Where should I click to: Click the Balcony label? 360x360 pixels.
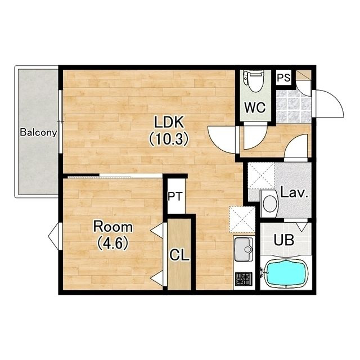pos(38,133)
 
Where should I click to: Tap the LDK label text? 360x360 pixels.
pos(169,122)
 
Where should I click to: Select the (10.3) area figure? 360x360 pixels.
pos(169,139)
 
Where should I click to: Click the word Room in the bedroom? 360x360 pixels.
pos(112,227)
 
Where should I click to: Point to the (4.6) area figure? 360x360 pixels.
pos(112,244)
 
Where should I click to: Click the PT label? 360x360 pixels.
pos(175,197)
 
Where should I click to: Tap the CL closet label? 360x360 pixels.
pos(179,255)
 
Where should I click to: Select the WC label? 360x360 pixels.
pos(255,107)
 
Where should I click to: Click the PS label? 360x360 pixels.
pos(283,78)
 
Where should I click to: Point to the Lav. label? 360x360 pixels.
pos(294,193)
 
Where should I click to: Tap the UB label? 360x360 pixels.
pos(284,240)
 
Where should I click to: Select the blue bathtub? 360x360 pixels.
pos(286,273)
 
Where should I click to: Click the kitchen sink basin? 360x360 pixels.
pos(244,249)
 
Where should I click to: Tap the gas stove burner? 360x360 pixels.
pos(244,279)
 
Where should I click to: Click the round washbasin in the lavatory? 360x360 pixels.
pos(269,204)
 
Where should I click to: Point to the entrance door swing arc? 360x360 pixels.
pos(336,97)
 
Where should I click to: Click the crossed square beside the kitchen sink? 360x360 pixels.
pos(242,220)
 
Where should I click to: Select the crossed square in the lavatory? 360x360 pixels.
pos(261,175)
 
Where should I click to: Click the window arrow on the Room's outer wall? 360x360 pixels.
pos(53,236)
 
